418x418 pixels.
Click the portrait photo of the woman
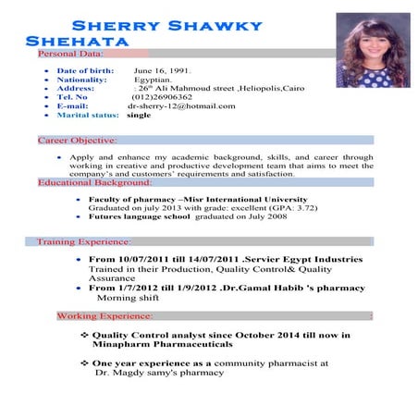373,50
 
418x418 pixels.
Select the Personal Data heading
70,55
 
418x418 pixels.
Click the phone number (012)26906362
162,97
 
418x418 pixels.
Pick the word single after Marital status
139,116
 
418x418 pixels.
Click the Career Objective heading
77,141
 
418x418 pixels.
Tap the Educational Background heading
95,183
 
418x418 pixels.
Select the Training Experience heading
84,242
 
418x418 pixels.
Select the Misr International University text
249,200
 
